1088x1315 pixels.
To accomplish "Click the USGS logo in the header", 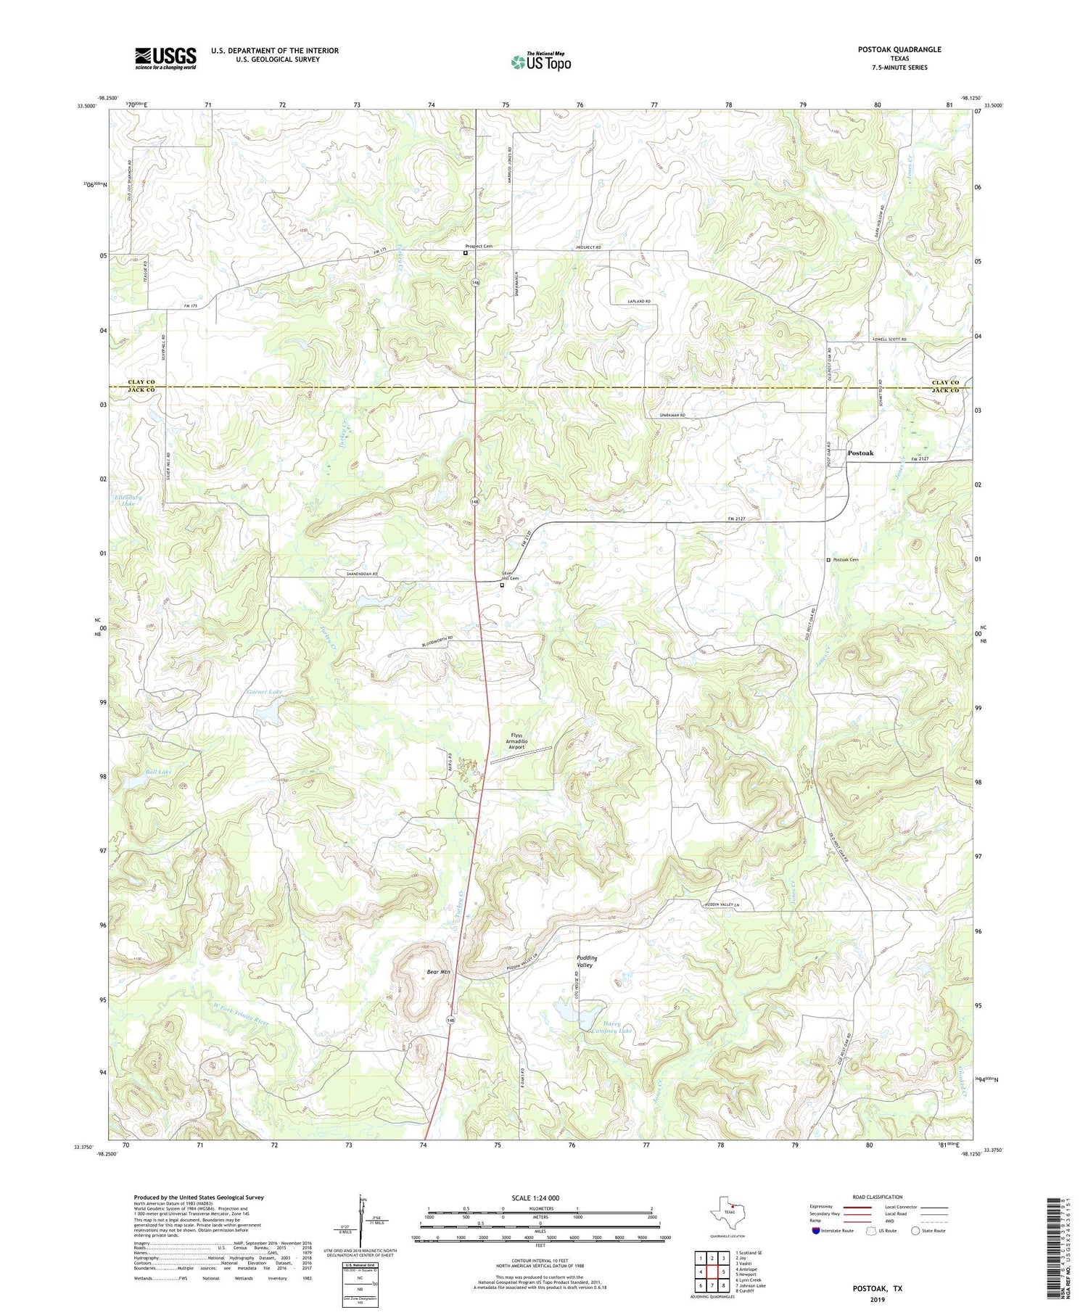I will (165, 58).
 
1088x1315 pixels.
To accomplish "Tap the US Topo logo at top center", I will (540, 62).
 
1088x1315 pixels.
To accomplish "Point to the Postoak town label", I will (860, 453).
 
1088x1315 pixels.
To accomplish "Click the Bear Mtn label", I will (438, 971).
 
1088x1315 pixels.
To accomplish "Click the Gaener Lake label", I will (264, 693).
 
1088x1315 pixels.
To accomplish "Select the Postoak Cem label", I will (845, 560).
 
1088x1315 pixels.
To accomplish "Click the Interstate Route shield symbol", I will (816, 1230).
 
